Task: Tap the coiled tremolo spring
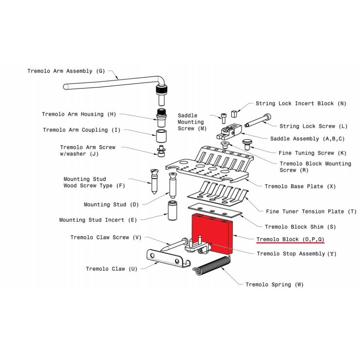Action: pyautogui.click(x=212, y=266)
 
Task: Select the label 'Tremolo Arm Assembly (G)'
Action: pyautogui.click(x=66, y=71)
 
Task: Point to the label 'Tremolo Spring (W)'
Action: pyautogui.click(x=274, y=285)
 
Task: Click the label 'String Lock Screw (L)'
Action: pyautogui.click(x=313, y=126)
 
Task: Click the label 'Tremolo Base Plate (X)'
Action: pyautogui.click(x=300, y=187)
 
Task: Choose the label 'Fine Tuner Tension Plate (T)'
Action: pyautogui.click(x=311, y=212)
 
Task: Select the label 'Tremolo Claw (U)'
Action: pyautogui.click(x=112, y=269)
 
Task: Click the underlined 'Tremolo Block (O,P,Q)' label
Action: pyautogui.click(x=290, y=240)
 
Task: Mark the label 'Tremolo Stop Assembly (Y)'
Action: pyautogui.click(x=296, y=254)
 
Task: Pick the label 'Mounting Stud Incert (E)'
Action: pyautogui.click(x=98, y=220)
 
